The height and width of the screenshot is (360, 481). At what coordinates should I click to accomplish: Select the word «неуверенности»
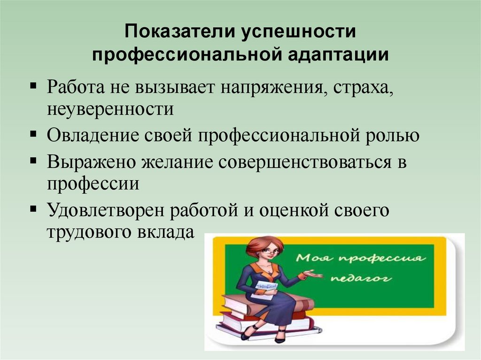click(x=110, y=110)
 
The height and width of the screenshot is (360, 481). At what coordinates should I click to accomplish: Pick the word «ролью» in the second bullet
click(x=395, y=136)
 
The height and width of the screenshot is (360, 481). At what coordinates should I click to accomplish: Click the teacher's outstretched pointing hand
click(x=312, y=274)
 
